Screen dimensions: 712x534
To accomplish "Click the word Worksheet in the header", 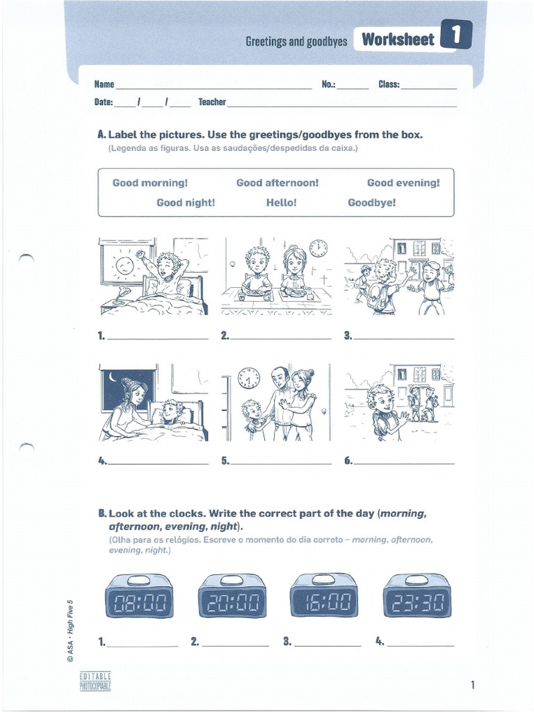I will pyautogui.click(x=397, y=40).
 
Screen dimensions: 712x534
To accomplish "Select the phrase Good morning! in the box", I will pyautogui.click(x=150, y=183).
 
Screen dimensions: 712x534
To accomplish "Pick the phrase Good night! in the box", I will pyautogui.click(x=186, y=202).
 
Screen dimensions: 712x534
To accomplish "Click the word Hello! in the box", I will pyautogui.click(x=281, y=202).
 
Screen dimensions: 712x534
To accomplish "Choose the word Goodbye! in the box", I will pyautogui.click(x=371, y=202).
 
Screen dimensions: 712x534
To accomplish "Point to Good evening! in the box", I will pyautogui.click(x=403, y=183).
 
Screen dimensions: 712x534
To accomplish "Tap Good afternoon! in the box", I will pyautogui.click(x=277, y=183).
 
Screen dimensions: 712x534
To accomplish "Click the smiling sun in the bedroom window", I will pyautogui.click(x=124, y=265).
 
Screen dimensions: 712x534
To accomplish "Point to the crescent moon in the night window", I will pyautogui.click(x=113, y=378).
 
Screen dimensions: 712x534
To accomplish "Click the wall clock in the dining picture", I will pyautogui.click(x=318, y=249).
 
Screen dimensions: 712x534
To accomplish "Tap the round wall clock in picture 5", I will pyautogui.click(x=248, y=379).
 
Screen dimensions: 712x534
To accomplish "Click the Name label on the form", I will pyautogui.click(x=104, y=84).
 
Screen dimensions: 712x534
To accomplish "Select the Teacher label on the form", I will pyautogui.click(x=212, y=102).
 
